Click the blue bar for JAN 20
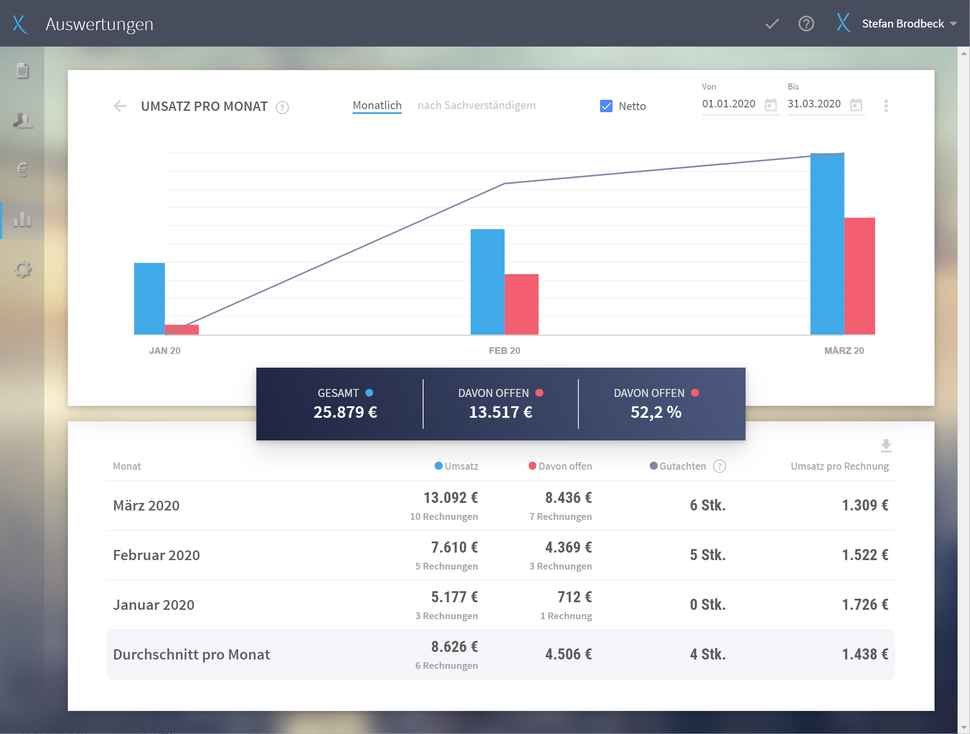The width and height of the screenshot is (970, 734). coord(149,298)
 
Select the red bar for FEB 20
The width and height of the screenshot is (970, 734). coord(522,304)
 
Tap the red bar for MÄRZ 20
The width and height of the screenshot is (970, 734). coord(860,276)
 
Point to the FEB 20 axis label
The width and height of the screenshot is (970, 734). coord(504,351)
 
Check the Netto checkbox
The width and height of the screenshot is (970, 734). coord(606,106)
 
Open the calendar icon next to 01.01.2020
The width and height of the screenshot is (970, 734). coord(771,105)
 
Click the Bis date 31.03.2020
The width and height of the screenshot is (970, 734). coord(814,104)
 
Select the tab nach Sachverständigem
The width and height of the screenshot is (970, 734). coord(476,106)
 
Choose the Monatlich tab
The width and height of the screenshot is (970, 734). coord(377,106)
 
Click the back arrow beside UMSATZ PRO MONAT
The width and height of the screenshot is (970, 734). coord(120,106)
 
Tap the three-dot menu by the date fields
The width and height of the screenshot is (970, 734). coord(886,106)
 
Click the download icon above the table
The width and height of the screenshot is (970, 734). coord(886,445)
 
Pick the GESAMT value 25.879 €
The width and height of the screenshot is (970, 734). coord(346,412)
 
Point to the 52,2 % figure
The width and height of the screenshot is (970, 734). coord(656,412)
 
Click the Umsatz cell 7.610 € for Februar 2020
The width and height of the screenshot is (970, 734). coord(454,547)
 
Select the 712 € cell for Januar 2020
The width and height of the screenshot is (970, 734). coord(574,597)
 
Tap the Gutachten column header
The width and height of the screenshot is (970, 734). coord(682,466)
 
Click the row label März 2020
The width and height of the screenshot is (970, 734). coord(146,506)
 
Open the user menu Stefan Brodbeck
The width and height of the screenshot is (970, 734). coord(903,24)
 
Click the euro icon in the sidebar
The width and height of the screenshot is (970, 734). coord(22,169)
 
